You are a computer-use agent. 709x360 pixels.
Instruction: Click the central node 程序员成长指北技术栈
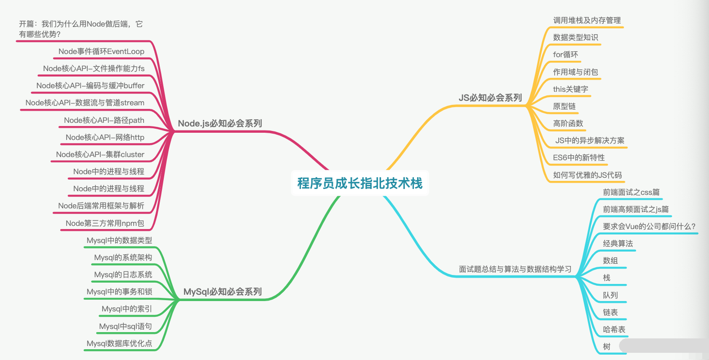point(359,183)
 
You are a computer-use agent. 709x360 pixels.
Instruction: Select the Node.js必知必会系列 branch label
point(220,123)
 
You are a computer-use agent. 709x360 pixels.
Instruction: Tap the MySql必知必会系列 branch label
point(222,292)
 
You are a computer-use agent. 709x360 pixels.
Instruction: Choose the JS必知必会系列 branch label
point(490,98)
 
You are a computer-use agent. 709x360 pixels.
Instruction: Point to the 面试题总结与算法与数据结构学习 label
point(515,269)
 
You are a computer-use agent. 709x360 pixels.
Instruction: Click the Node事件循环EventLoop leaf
point(101,51)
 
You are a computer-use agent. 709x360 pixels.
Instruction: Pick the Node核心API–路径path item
point(104,120)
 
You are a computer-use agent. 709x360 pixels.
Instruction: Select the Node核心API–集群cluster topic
point(100,154)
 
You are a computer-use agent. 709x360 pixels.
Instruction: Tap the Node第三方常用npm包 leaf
point(105,223)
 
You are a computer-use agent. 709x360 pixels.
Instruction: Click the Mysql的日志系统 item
point(123,274)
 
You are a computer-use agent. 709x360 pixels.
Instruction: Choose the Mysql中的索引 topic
point(126,309)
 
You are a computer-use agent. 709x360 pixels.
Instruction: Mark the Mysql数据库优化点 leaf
point(119,343)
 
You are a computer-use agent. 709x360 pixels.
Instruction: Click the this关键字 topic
point(570,89)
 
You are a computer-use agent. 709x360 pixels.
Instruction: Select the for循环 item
point(565,54)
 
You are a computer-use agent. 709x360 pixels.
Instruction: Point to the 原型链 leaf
point(564,106)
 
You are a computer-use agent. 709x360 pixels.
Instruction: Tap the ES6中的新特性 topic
point(579,157)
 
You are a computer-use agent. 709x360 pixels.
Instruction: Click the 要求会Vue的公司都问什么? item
point(649,226)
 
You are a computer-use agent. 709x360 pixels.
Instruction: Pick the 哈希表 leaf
point(614,329)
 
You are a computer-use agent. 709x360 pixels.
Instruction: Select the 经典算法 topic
point(618,243)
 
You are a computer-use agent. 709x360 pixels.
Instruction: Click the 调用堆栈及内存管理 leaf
point(587,20)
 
